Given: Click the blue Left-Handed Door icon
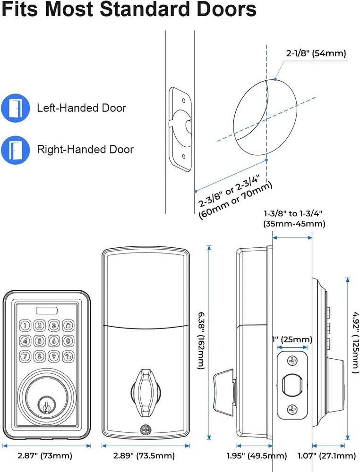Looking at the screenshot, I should pos(16,108).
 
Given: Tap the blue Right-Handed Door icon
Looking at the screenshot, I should pos(16,150).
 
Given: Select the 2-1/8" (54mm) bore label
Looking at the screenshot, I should pos(316,54).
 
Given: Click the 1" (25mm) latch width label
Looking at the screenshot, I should pos(292,339).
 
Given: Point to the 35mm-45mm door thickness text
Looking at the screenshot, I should pos(294,224).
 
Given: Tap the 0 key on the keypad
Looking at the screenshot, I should pos(69,340).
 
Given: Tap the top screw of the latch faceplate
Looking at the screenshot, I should pos(293,361).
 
